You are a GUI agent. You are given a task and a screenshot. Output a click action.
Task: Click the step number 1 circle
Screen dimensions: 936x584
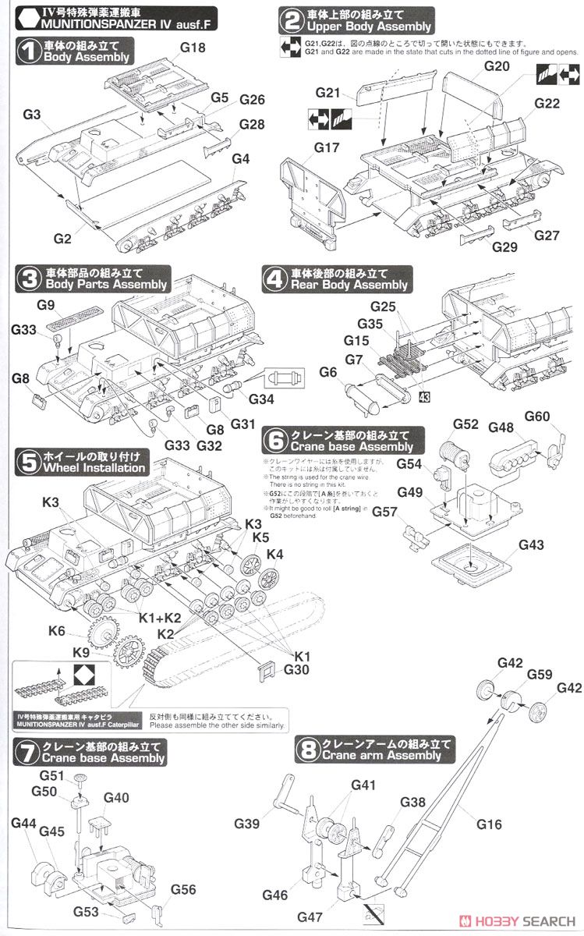point(30,51)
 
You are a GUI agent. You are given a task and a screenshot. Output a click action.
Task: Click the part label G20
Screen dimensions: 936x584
point(496,67)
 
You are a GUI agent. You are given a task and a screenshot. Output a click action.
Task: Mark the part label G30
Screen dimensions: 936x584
point(297,669)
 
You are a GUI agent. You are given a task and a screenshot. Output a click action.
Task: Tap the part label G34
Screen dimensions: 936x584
point(264,398)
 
